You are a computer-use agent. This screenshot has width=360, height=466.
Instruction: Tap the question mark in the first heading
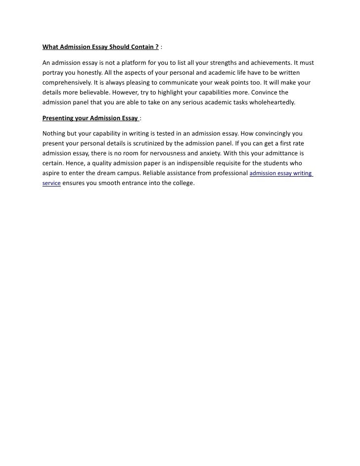[x=156, y=47]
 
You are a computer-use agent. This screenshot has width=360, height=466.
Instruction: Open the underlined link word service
[x=51, y=184]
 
